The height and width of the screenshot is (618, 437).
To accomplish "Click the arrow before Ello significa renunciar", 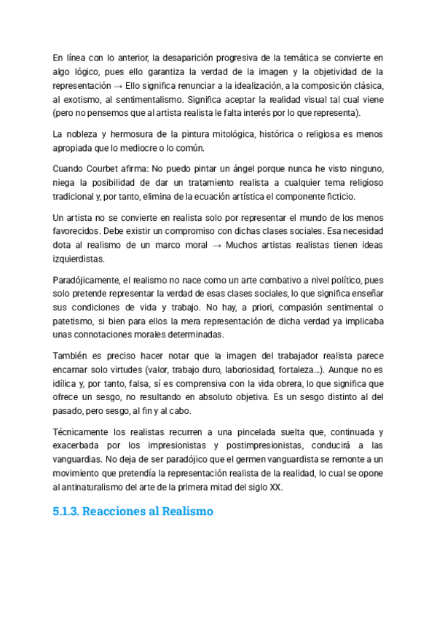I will [x=117, y=85].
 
